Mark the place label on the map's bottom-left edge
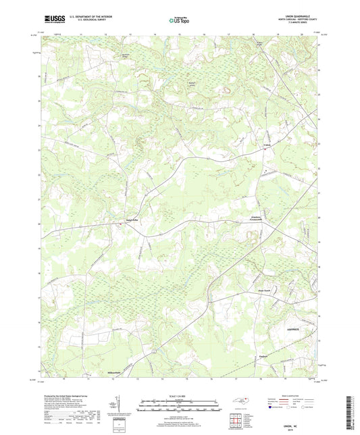click(x=109, y=372)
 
